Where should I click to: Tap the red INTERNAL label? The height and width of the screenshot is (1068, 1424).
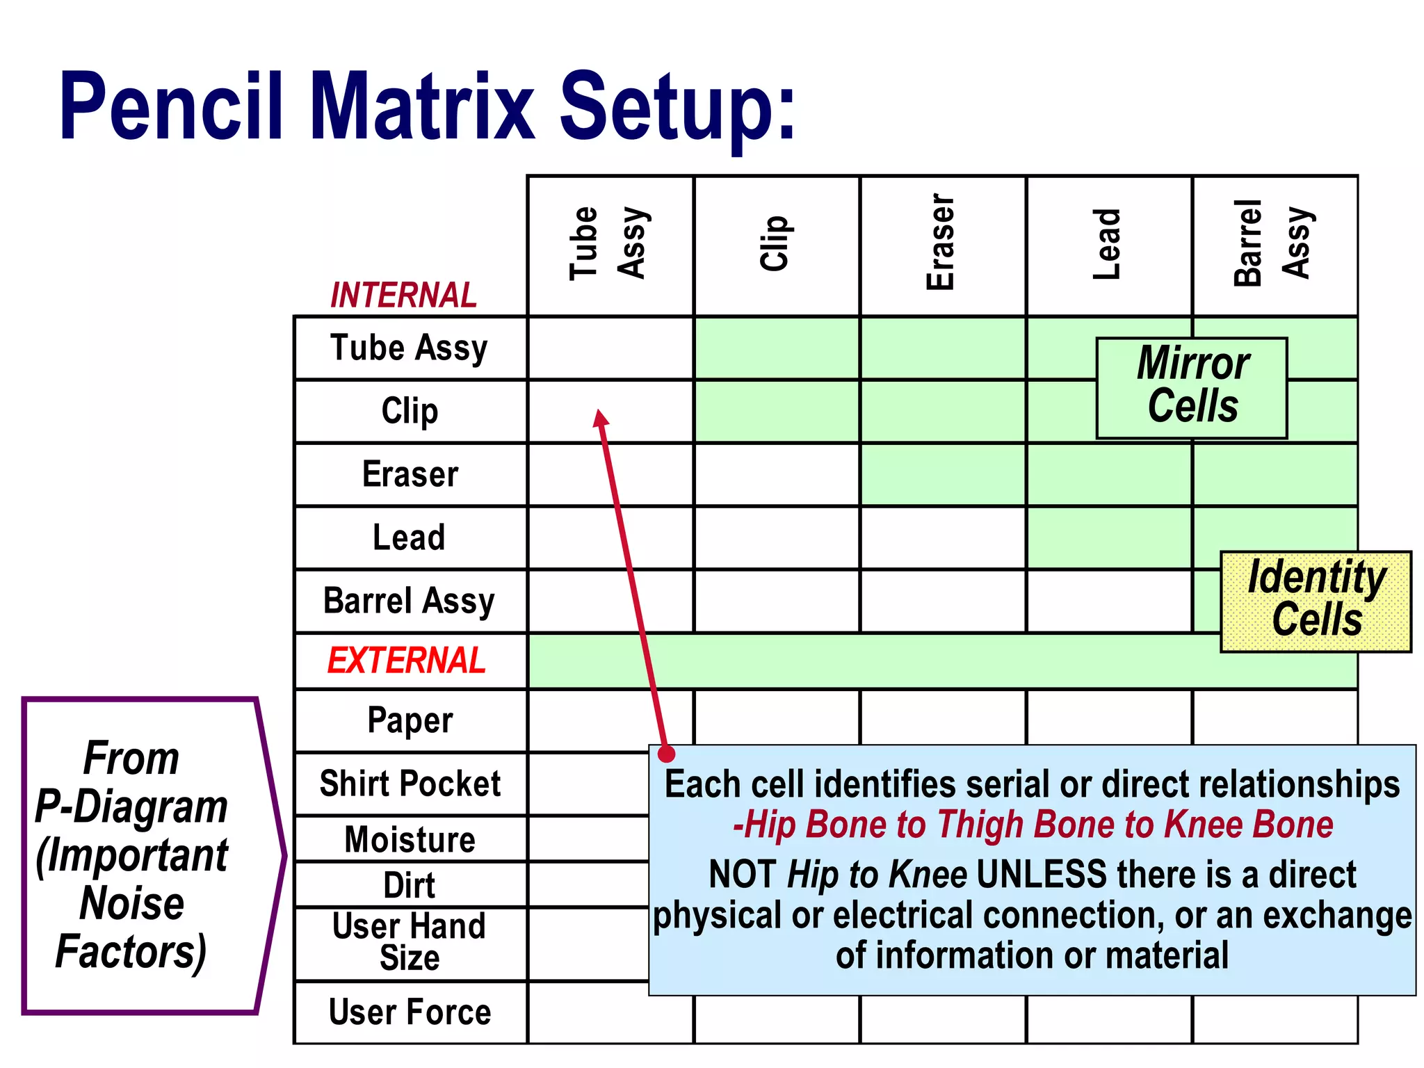point(403,296)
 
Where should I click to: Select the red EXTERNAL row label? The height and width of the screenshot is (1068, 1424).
point(407,661)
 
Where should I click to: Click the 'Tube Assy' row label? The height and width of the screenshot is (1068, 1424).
point(409,348)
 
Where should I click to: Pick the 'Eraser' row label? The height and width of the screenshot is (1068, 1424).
point(410,474)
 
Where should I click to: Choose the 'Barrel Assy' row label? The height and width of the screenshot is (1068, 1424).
point(409,601)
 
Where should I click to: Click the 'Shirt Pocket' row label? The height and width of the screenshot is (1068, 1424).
point(410,784)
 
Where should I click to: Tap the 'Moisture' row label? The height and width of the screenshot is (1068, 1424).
point(410,839)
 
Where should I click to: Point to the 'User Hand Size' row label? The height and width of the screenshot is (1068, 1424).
point(410,943)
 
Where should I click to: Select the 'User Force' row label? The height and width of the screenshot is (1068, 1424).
point(410,1012)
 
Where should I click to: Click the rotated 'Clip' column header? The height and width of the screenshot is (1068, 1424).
point(775,243)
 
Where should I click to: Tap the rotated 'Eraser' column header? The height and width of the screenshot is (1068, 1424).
point(941,242)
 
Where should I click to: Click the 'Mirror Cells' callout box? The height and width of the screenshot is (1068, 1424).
point(1192,387)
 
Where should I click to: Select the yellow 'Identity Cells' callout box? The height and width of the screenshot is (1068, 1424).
point(1316,601)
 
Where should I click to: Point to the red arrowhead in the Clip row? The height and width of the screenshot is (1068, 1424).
point(601,417)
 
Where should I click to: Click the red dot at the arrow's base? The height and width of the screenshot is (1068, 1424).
point(666,753)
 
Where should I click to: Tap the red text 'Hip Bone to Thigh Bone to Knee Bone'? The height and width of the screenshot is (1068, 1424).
point(1033,825)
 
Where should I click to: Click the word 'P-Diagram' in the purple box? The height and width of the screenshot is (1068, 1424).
point(131,807)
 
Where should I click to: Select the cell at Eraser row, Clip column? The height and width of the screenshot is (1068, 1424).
point(777,474)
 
